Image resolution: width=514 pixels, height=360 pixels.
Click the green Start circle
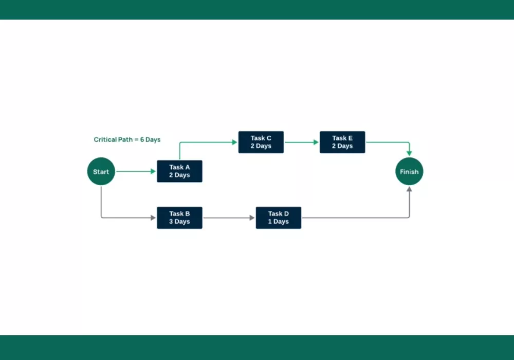click(101, 171)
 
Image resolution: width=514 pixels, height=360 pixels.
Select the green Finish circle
click(409, 171)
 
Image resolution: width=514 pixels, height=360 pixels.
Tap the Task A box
click(179, 171)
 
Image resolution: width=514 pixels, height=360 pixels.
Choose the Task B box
click(179, 218)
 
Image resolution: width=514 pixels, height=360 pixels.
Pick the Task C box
click(261, 142)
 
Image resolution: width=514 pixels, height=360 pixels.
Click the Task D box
click(278, 218)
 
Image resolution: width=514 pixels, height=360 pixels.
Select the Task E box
click(342, 142)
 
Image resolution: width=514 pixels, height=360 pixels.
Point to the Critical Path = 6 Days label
click(127, 139)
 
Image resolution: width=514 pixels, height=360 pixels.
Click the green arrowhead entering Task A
click(153, 171)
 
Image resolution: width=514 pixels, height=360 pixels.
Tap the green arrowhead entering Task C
click(234, 142)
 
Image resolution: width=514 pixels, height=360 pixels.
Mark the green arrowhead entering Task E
click(316, 142)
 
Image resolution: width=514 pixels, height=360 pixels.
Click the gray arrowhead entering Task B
click(153, 218)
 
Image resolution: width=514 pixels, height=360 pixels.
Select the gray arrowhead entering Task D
click(252, 218)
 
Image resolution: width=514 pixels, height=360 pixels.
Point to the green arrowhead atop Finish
click(409, 153)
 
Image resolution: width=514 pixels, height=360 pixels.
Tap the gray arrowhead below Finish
click(409, 189)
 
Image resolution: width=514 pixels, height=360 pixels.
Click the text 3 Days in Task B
click(179, 222)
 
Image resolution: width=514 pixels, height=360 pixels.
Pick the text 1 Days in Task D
click(278, 222)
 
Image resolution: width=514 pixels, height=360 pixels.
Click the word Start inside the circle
click(101, 172)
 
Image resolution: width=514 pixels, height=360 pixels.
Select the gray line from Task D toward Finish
click(355, 218)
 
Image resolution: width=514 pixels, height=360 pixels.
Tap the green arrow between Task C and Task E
click(301, 142)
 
